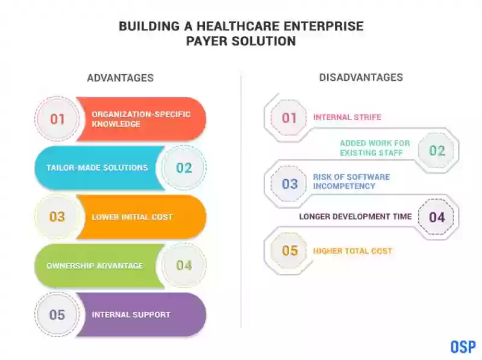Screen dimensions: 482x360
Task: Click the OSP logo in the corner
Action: coord(463,347)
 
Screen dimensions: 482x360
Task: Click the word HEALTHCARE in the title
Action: coord(238,26)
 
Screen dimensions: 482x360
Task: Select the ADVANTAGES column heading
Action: coord(120,78)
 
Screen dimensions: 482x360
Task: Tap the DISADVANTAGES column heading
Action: coord(361,77)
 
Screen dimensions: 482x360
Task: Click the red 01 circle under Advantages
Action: coord(57,119)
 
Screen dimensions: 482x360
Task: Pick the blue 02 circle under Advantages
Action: coord(184,168)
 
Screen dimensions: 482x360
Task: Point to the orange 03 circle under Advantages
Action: coord(57,216)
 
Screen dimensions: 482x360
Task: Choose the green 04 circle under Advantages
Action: coord(184,265)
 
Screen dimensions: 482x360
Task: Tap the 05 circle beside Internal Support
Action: coord(57,314)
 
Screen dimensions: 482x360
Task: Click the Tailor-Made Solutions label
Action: coord(97,168)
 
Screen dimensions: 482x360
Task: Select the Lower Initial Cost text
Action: coord(133,217)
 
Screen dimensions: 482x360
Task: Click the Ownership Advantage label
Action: coord(95,265)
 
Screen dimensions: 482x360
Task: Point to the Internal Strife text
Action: coord(347,117)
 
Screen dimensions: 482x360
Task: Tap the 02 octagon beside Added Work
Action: coord(436,151)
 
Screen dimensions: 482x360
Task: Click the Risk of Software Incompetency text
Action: coord(351,182)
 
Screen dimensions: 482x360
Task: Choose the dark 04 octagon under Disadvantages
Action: coord(436,217)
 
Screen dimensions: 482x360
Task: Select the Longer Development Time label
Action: coord(355,216)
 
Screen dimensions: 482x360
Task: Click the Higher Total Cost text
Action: coord(352,251)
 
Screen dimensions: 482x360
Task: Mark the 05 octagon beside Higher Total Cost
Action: coord(289,251)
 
